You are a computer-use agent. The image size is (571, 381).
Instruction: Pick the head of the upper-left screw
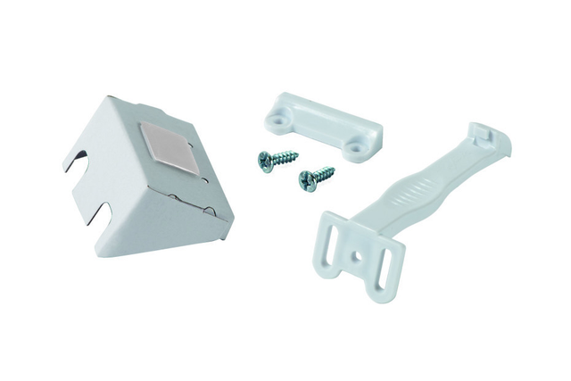265,161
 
